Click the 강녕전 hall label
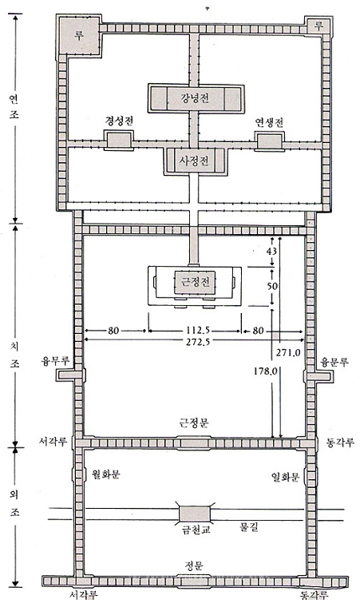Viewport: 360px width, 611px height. (x=195, y=97)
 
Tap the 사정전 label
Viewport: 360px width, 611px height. (x=195, y=161)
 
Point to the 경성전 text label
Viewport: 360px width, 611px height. (x=119, y=121)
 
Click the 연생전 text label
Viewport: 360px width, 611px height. (x=269, y=122)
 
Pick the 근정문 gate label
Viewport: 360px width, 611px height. (x=195, y=423)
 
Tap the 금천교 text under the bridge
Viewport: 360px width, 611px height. (x=194, y=530)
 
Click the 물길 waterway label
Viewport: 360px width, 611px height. (x=248, y=528)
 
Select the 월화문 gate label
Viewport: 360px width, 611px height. (x=105, y=474)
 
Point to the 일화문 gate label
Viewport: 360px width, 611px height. (x=285, y=476)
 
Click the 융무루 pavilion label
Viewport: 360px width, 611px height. (x=55, y=361)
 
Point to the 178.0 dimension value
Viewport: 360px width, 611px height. (x=265, y=371)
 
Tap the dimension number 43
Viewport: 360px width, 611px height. (x=271, y=252)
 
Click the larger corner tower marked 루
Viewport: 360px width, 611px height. (x=79, y=35)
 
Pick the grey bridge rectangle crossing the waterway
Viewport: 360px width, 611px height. (x=195, y=514)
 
